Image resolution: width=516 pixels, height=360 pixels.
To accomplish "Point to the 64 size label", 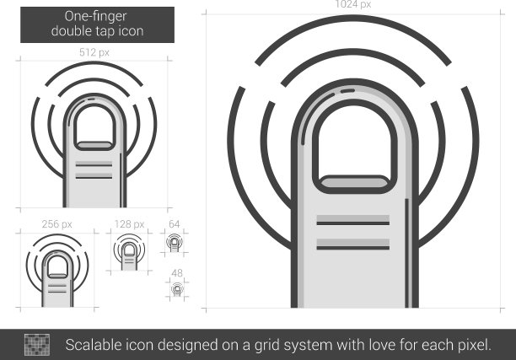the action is (x=174, y=224).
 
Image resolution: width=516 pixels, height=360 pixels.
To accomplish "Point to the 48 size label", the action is (x=177, y=273).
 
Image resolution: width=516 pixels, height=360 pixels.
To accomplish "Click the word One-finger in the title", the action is (x=95, y=17).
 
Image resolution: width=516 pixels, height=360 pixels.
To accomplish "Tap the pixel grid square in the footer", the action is (x=37, y=345).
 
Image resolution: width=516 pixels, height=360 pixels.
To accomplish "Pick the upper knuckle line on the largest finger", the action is (x=353, y=223).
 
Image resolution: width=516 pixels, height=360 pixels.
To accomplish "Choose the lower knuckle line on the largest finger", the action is (x=353, y=248).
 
